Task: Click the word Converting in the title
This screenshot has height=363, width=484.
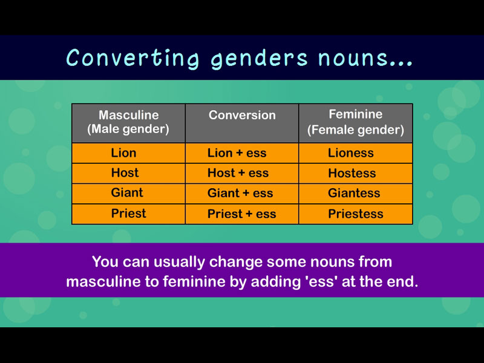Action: click(x=132, y=57)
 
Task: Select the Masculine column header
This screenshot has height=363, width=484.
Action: click(x=128, y=123)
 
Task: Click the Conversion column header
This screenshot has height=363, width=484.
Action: click(x=242, y=123)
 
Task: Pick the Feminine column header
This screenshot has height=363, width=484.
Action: click(x=356, y=123)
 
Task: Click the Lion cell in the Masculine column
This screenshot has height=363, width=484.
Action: click(x=128, y=153)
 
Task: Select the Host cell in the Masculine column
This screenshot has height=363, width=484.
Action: click(x=128, y=173)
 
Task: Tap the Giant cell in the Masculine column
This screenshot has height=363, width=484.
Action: click(x=128, y=193)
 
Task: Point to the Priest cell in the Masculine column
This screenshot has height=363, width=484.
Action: click(x=128, y=214)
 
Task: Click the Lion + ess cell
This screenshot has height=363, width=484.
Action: click(x=242, y=153)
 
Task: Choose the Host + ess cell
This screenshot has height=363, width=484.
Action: click(x=242, y=173)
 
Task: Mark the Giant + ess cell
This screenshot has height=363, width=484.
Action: click(x=242, y=193)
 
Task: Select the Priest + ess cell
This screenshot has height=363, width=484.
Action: click(x=242, y=214)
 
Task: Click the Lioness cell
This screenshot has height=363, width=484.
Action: click(x=356, y=153)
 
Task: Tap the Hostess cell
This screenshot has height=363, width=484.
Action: click(x=356, y=173)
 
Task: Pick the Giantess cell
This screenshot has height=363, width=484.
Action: click(x=356, y=193)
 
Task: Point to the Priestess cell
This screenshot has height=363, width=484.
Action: click(x=356, y=214)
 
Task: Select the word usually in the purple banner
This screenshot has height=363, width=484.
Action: click(x=179, y=263)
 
